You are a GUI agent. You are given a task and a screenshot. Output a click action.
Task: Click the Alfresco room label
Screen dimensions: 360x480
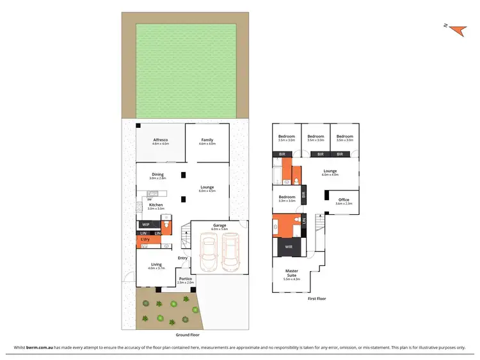click(x=160, y=140)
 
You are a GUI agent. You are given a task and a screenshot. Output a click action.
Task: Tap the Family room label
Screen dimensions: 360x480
click(x=207, y=140)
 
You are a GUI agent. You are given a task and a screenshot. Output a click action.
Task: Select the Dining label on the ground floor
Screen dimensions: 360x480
click(x=157, y=175)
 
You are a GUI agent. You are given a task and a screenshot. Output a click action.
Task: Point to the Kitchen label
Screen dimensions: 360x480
click(x=156, y=205)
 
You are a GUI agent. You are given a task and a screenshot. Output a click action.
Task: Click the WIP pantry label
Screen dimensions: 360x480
click(x=145, y=224)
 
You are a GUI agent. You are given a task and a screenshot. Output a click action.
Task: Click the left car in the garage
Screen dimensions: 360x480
click(x=209, y=253)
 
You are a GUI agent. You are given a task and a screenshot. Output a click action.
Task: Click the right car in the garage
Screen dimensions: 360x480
click(x=230, y=253)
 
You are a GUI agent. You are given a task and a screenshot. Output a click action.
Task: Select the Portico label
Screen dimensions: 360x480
click(x=186, y=279)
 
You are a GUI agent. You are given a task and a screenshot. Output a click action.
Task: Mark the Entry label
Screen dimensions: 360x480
click(x=183, y=258)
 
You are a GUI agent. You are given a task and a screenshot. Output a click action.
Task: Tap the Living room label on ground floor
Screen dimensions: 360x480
click(x=156, y=264)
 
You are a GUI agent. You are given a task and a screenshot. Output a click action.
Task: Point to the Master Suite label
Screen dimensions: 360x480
click(x=292, y=273)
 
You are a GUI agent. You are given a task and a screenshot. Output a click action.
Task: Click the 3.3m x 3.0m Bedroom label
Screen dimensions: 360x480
click(x=287, y=198)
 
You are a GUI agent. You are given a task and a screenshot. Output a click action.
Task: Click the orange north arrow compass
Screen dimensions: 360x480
click(x=456, y=29)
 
